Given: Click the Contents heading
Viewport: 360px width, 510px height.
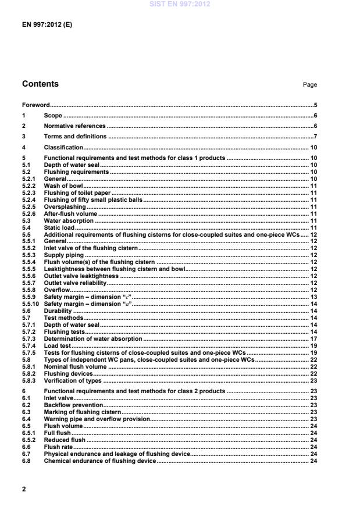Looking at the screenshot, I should pyautogui.click(x=40, y=84).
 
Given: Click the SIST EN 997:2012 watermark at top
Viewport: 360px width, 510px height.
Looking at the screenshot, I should pyautogui.click(x=180, y=4).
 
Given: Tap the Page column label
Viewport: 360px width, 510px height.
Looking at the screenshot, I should pyautogui.click(x=310, y=85).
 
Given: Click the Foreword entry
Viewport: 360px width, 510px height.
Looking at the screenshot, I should pyautogui.click(x=35, y=105).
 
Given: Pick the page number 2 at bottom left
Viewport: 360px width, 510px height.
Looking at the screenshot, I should pyautogui.click(x=24, y=489).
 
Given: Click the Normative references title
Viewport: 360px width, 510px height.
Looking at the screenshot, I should pyautogui.click(x=75, y=126).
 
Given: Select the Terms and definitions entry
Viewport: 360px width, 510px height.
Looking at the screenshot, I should pyautogui.click(x=76, y=136).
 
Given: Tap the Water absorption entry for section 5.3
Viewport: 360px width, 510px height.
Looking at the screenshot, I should pyautogui.click(x=69, y=221).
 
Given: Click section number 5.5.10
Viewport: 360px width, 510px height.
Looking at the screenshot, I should pyautogui.click(x=30, y=304).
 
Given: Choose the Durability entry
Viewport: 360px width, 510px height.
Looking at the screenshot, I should pyautogui.click(x=58, y=311).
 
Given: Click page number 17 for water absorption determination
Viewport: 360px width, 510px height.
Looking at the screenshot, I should pyautogui.click(x=313, y=338).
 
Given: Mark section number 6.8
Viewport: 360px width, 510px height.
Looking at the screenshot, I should pyautogui.click(x=26, y=461).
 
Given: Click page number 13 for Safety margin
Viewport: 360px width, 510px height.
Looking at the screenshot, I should pyautogui.click(x=313, y=297).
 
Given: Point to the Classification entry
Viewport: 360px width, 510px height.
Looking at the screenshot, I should pyautogui.click(x=63, y=148).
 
